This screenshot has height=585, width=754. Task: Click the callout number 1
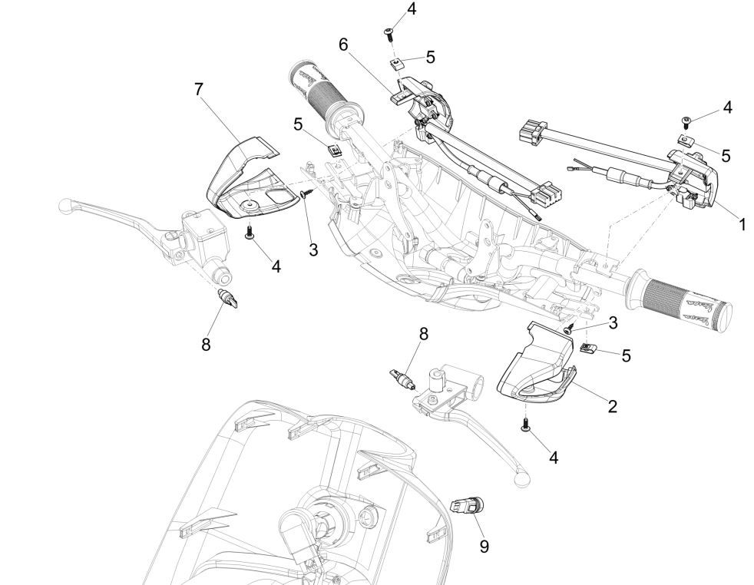pos(742,226)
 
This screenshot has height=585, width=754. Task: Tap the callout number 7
pos(198,89)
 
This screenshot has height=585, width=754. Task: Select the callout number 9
pos(483,546)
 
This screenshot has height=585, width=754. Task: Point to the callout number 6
pos(343,45)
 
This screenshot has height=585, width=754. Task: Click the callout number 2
pos(613,406)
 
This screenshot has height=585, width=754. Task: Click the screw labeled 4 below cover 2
pos(526,425)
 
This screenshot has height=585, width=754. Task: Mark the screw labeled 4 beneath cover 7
pos(250,233)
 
